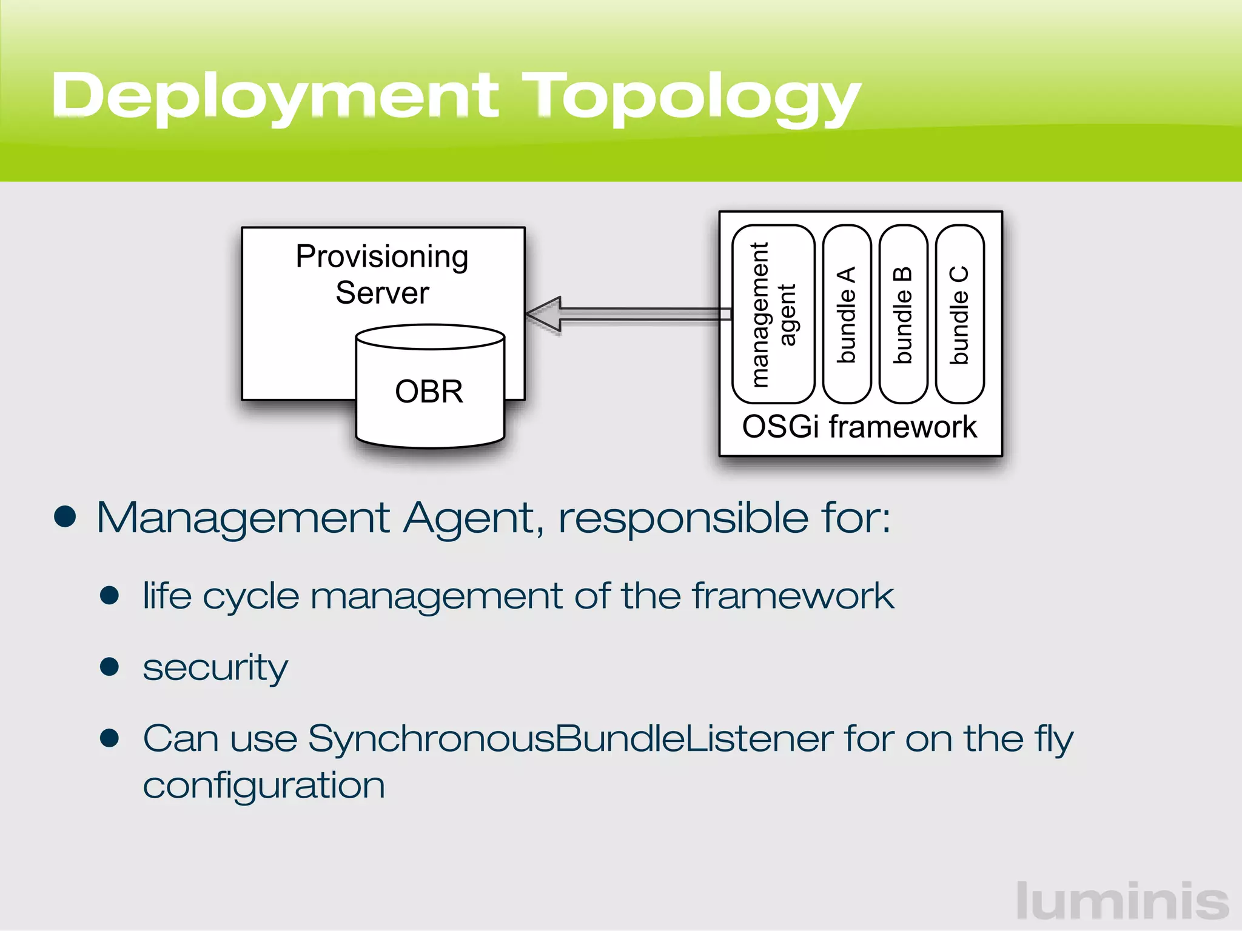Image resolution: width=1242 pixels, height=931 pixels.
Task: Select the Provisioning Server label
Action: tap(382, 274)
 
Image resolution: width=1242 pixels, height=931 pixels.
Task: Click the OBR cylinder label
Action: tap(429, 392)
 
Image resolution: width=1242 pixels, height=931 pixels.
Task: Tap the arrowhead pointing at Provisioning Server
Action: tap(545, 314)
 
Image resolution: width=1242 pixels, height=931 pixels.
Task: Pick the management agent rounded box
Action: tap(773, 314)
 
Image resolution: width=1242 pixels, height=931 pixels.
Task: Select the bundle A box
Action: tap(847, 314)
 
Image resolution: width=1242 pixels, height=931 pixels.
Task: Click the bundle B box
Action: tap(903, 314)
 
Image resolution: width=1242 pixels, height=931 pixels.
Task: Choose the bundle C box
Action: tap(959, 314)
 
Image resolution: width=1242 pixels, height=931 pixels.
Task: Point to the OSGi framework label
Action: tap(859, 427)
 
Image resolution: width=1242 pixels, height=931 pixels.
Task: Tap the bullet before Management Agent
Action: tap(65, 516)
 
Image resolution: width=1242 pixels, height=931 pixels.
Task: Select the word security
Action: tap(215, 668)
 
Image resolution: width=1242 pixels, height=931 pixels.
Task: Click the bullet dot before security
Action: tap(109, 667)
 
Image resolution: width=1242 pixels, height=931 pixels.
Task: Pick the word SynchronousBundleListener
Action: tap(570, 739)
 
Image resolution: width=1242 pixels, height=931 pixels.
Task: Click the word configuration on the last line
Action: tap(264, 786)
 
